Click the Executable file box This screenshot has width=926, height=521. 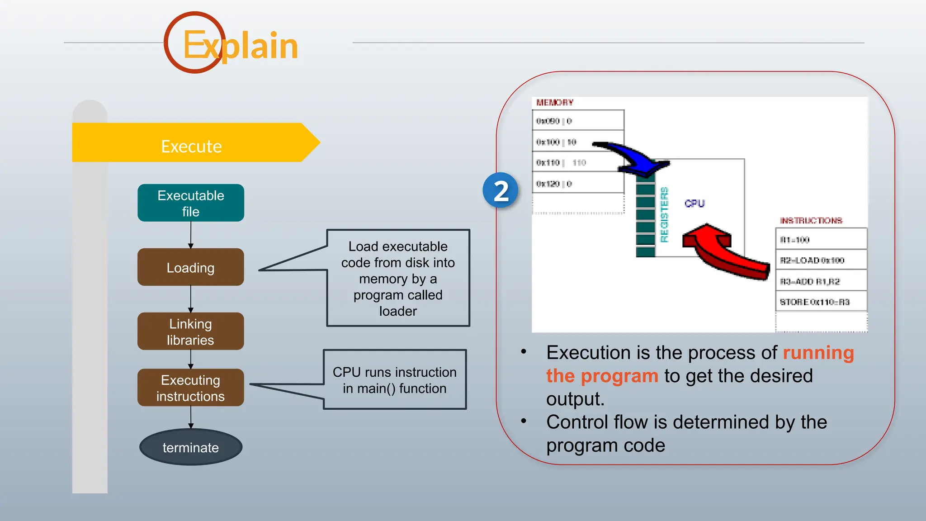tap(190, 203)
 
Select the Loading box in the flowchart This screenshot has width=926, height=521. tap(190, 267)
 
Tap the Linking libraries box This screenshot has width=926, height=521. tap(190, 332)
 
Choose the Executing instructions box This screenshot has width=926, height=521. tap(190, 388)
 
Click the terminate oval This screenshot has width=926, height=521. tap(190, 447)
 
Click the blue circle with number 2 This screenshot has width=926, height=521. tap(500, 190)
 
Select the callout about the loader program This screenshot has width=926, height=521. tap(398, 278)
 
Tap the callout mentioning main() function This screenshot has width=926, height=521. tap(394, 380)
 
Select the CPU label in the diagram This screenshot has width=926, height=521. tap(694, 204)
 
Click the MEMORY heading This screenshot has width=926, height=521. tap(555, 103)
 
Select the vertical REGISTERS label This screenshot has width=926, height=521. tap(664, 215)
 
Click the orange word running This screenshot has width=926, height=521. tap(818, 353)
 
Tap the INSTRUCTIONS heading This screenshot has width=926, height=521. tap(811, 221)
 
